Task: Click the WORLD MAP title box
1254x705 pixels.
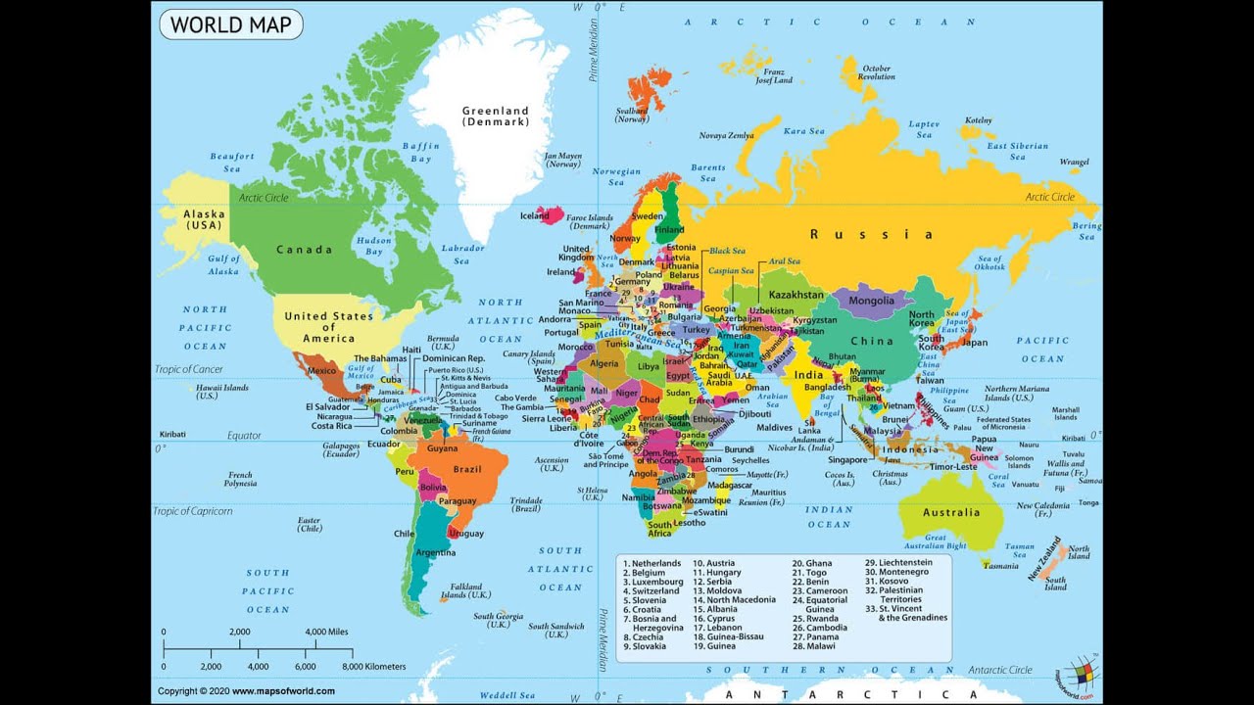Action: [x=231, y=24]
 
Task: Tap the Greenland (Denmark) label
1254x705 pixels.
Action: [x=496, y=117]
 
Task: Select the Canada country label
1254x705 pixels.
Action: [x=304, y=250]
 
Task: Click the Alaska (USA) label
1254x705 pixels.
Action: [x=205, y=219]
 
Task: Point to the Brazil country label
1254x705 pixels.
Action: [x=468, y=470]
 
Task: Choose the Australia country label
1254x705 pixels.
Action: [x=950, y=512]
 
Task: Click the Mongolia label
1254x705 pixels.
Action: [x=871, y=302]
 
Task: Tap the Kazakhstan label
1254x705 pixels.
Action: [x=796, y=295]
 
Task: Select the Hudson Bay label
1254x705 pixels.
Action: [x=374, y=246]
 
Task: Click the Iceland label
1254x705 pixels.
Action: [x=534, y=216]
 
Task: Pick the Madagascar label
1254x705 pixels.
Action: [x=730, y=485]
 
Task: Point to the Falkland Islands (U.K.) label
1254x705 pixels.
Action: [x=465, y=590]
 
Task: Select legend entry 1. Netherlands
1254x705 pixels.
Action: [x=652, y=564]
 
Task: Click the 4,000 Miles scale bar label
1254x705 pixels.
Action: [x=327, y=633]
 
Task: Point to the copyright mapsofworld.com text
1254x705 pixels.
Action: [x=246, y=691]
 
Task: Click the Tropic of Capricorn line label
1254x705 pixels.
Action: [x=193, y=511]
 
